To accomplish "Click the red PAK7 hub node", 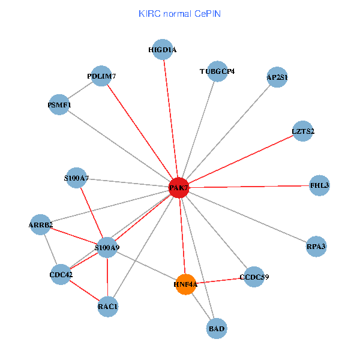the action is pos(179,188).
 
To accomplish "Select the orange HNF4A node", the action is pos(185,284).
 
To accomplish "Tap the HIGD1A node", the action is pos(163,50).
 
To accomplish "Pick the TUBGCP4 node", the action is pos(217,71).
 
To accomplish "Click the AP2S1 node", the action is pos(277,77).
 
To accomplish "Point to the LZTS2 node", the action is pos(303,131).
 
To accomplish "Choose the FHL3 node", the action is pos(319,185).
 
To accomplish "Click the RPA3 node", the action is pos(316,246).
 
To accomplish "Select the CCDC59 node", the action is pos(254,277).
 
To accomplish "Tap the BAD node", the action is pos(217,328).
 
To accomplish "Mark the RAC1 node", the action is pos(107,307).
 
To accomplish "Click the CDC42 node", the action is pos(61,275).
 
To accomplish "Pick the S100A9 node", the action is pos(106,247).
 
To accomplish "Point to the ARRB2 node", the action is pos(41,225).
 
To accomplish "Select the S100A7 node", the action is pos(76,178).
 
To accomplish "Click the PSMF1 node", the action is pos(59,105).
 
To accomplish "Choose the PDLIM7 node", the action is pos(101,76).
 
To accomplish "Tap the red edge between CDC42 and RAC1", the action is pos(84,292).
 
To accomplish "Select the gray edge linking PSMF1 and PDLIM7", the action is pos(80,91).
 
